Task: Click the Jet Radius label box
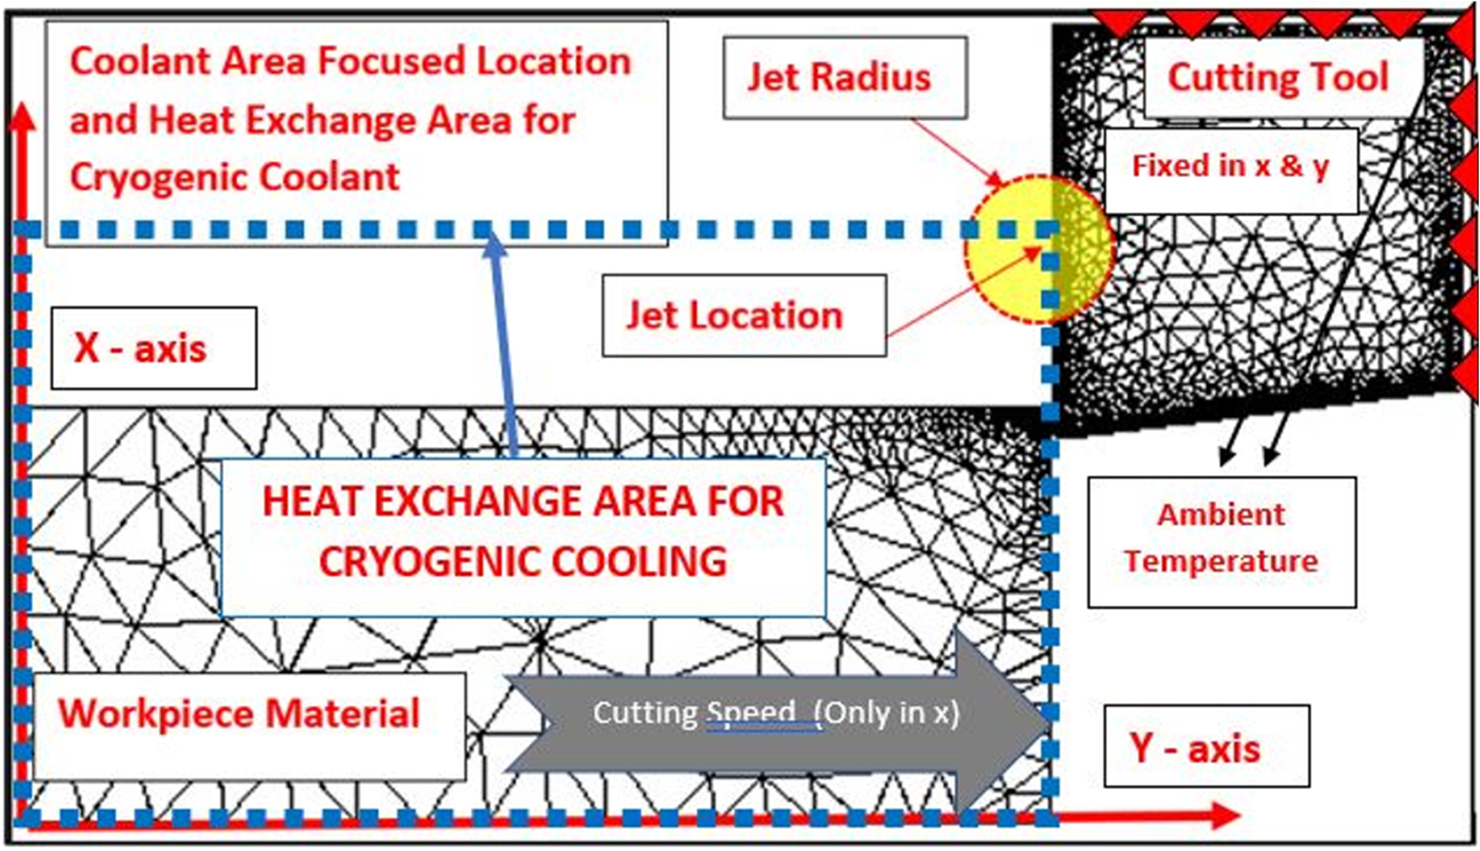tap(844, 77)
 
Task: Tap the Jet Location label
tap(744, 316)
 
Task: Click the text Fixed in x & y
tap(1231, 167)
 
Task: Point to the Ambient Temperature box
tap(1222, 541)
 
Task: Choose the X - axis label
tap(153, 348)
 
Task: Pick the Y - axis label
tap(1206, 747)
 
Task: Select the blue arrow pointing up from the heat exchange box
tap(503, 343)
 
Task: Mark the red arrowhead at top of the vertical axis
tap(23, 117)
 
